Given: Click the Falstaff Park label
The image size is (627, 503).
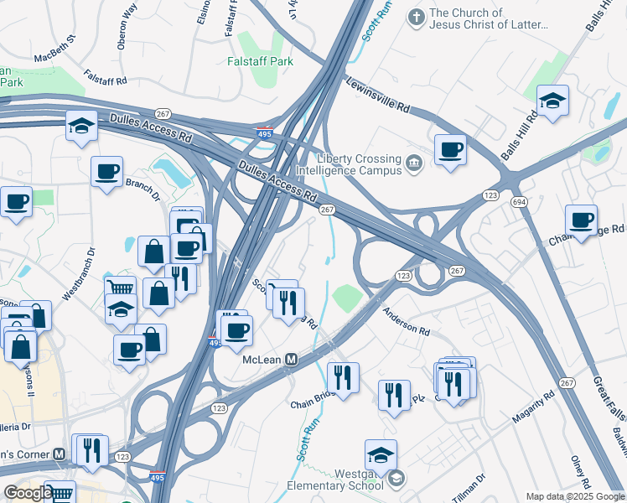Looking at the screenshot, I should (x=259, y=61).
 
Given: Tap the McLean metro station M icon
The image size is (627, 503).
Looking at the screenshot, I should (x=292, y=359).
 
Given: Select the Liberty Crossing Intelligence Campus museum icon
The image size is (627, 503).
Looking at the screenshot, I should (x=413, y=162).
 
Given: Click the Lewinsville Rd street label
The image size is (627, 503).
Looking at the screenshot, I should (x=378, y=95).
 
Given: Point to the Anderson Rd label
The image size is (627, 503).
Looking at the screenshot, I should (x=406, y=320).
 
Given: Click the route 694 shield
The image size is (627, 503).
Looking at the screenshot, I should (x=519, y=203).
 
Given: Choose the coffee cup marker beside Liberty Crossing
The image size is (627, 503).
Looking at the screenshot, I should (x=450, y=149).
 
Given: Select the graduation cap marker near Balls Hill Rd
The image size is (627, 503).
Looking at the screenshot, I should (x=553, y=101).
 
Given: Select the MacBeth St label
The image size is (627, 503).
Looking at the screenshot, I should (x=55, y=49).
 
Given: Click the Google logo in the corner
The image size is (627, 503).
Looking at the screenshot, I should (x=27, y=493).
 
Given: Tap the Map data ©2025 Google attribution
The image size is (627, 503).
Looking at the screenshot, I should (x=574, y=496).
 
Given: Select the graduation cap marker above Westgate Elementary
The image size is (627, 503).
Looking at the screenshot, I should (x=381, y=455).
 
